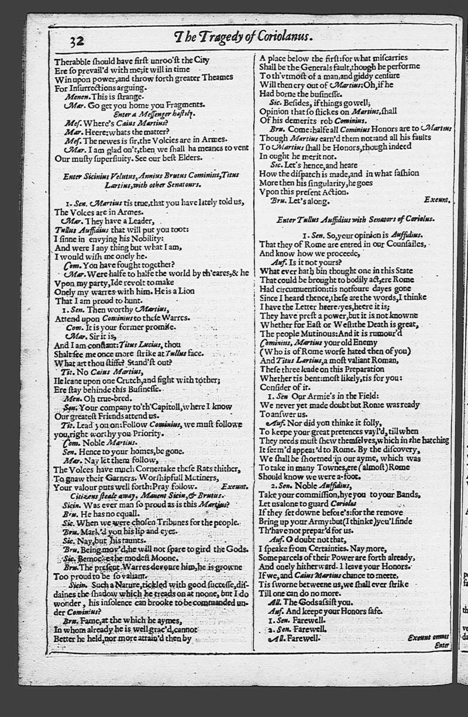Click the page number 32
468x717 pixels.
click(77, 42)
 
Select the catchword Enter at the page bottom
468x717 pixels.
click(442, 645)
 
